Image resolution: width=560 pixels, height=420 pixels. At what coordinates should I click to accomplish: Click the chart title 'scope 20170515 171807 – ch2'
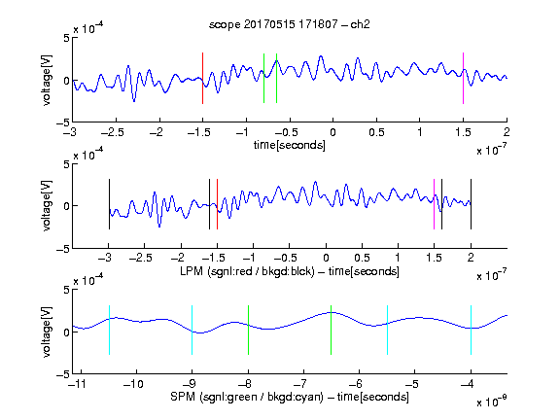coord(290,24)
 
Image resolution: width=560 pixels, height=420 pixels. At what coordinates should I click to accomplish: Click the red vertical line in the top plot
coord(202,78)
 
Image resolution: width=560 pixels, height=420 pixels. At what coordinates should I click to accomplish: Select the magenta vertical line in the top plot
coord(463,78)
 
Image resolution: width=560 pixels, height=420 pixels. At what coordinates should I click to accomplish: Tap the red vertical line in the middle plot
coord(217,204)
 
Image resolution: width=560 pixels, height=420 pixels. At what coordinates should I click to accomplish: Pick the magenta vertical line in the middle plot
coord(434,204)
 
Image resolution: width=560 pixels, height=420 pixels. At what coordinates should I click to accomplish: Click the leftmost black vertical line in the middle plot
coord(109,204)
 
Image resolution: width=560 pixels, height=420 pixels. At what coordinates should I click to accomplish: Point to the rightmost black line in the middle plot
coord(471,204)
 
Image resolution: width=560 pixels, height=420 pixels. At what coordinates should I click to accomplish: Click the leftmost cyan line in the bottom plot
coord(109,330)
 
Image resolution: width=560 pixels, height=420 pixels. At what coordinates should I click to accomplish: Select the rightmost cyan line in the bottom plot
coord(471,330)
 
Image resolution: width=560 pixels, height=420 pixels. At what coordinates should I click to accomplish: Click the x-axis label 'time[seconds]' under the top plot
coord(290,145)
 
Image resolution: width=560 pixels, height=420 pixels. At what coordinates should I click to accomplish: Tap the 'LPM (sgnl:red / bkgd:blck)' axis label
coord(247,271)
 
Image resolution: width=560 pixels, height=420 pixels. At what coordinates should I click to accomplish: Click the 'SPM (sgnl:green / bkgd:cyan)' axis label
coord(247,397)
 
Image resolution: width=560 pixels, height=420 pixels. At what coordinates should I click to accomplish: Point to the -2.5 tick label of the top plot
coord(113,132)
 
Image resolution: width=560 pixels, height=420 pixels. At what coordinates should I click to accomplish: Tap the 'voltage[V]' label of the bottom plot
coord(47,332)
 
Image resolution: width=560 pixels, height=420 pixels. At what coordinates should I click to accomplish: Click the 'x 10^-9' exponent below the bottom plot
coord(492,402)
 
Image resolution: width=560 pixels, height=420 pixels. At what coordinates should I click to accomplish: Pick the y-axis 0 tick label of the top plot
coord(67,81)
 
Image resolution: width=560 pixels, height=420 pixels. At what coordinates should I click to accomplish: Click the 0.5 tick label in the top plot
coord(376,132)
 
